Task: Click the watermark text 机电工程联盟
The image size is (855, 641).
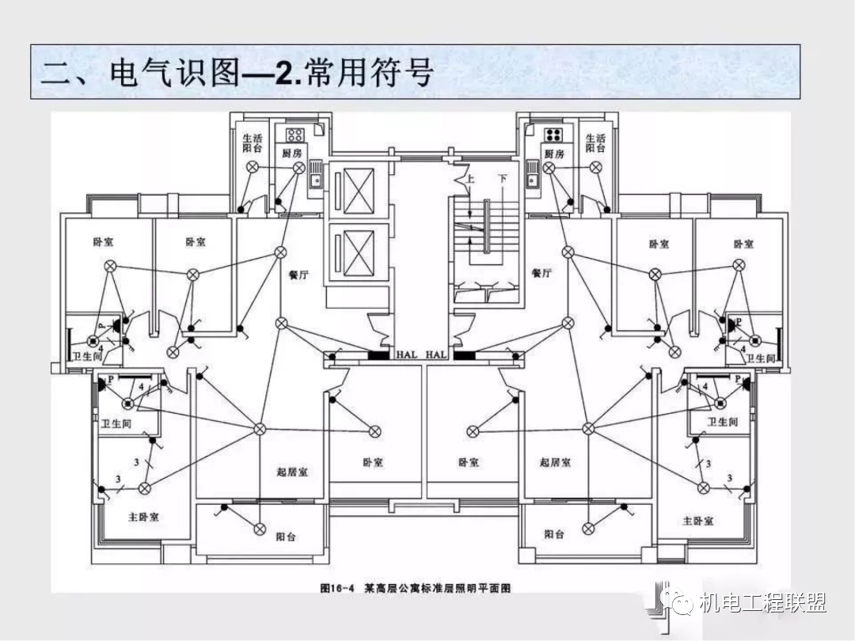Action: click(763, 604)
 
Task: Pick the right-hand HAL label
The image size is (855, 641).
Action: click(436, 355)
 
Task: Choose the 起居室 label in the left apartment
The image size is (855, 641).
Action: click(292, 472)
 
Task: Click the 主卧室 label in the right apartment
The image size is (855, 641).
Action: click(698, 520)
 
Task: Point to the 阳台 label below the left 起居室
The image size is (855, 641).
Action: click(286, 536)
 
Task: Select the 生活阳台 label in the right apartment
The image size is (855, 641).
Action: click(595, 143)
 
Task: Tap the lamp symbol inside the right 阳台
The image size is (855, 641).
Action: click(587, 528)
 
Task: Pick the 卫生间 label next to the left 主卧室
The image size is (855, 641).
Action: click(116, 424)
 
